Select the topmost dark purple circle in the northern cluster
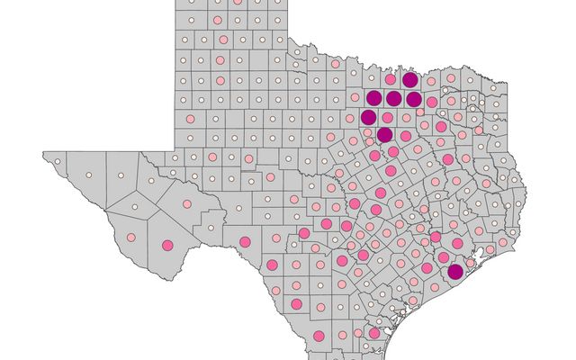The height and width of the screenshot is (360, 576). pyautogui.click(x=410, y=80)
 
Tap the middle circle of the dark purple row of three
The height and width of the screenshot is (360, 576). pyautogui.click(x=393, y=98)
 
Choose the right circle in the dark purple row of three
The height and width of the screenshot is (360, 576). pyautogui.click(x=413, y=98)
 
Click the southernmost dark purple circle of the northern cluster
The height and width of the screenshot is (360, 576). pyautogui.click(x=384, y=135)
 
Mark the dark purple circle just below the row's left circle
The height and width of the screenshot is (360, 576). pyautogui.click(x=368, y=117)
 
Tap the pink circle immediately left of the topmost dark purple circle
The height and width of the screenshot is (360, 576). pyautogui.click(x=391, y=80)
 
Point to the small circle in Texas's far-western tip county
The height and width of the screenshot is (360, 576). pyautogui.click(x=57, y=162)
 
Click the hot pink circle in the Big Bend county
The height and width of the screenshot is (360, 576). pyautogui.click(x=166, y=245)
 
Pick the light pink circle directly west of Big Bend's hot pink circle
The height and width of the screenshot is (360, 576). pyautogui.click(x=131, y=238)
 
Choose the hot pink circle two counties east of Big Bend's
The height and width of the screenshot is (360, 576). pyautogui.click(x=245, y=241)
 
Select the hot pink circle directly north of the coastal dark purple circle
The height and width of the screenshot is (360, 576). pyautogui.click(x=456, y=244)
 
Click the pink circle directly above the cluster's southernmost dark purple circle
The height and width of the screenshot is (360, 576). pyautogui.click(x=386, y=117)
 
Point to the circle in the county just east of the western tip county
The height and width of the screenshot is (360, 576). pyautogui.click(x=90, y=175)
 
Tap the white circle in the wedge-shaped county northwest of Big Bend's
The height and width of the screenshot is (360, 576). pyautogui.click(x=132, y=209)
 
